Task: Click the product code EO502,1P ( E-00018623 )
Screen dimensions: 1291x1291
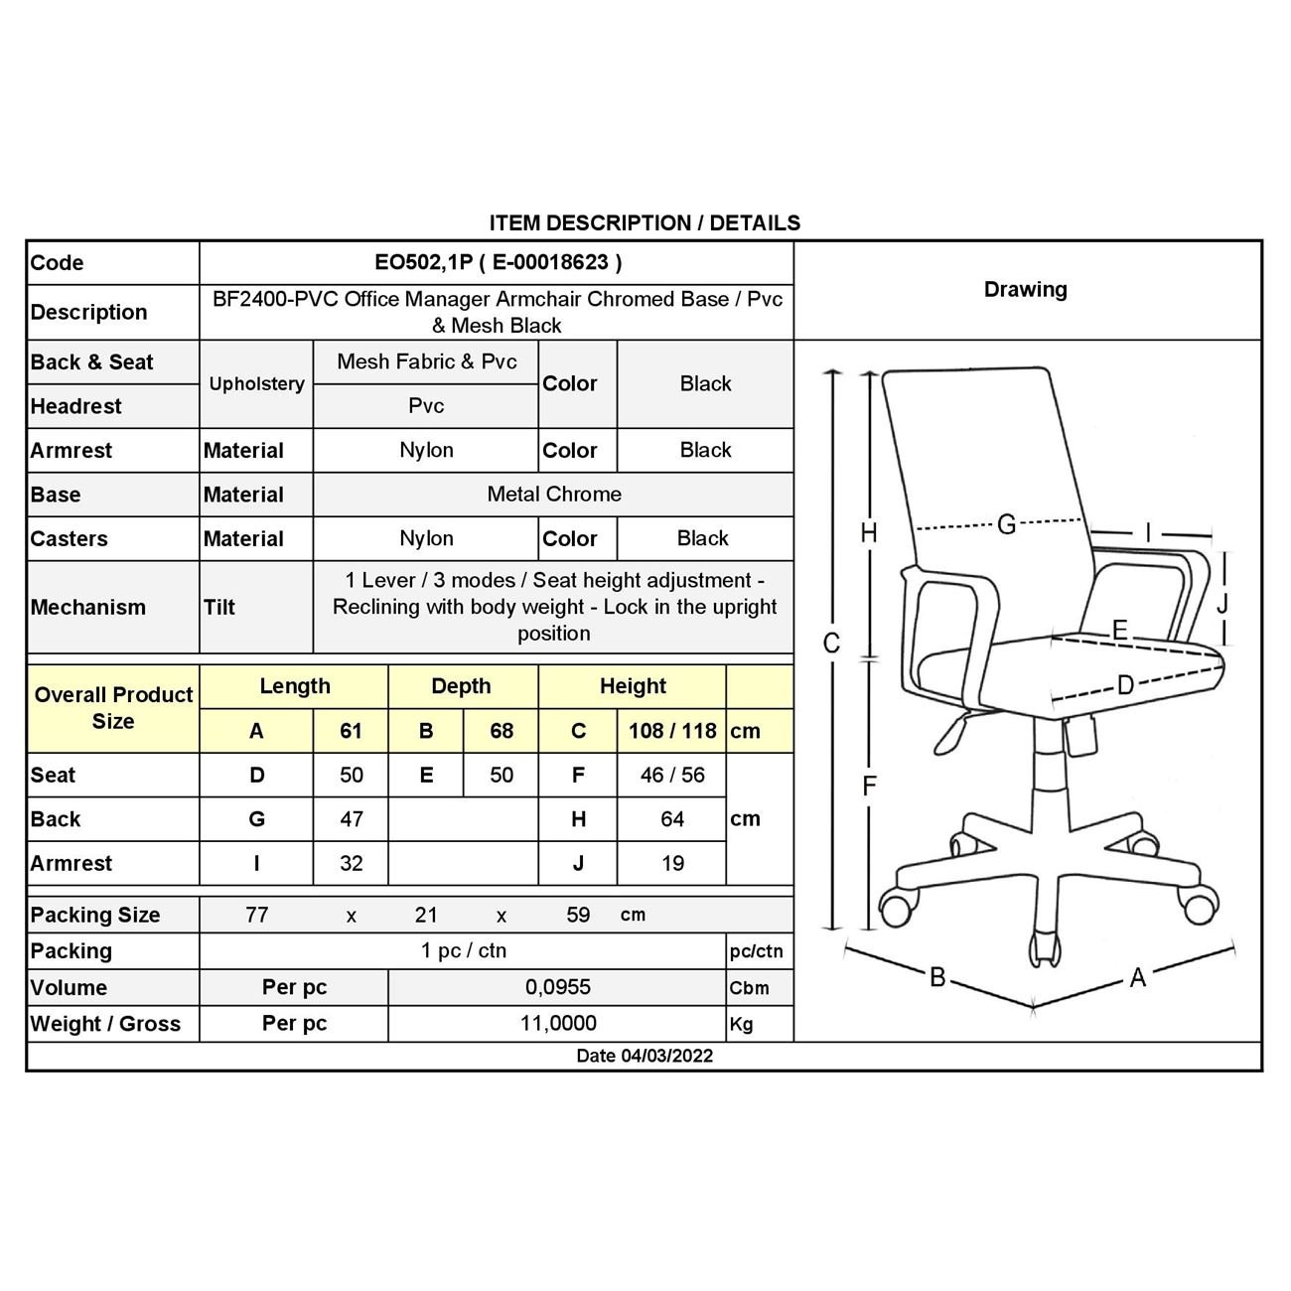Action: coord(498,262)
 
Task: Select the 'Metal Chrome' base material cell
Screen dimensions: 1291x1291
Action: coord(554,495)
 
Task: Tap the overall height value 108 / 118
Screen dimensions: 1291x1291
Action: coord(672,731)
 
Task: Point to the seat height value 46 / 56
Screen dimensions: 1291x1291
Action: coord(672,775)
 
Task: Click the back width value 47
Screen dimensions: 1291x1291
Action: coord(352,819)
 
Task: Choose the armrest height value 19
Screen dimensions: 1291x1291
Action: coord(672,863)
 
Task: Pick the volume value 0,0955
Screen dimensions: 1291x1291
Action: coord(558,987)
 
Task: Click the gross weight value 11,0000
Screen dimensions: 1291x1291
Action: coord(558,1023)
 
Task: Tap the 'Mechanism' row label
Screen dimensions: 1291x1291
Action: coord(88,607)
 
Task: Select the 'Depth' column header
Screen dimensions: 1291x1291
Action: coord(461,686)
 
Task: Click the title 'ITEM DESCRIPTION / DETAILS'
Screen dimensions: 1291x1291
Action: coord(645,222)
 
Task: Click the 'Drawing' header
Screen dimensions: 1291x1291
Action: coord(1025,290)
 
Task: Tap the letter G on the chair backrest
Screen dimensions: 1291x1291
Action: coord(1006,523)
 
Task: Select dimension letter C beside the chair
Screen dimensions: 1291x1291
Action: coord(832,644)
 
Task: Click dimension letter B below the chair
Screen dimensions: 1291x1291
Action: coord(936,977)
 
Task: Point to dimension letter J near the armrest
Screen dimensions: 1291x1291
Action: coord(1222,604)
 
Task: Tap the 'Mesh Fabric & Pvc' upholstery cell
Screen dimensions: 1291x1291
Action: coord(426,361)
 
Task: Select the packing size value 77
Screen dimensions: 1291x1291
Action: coord(256,915)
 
